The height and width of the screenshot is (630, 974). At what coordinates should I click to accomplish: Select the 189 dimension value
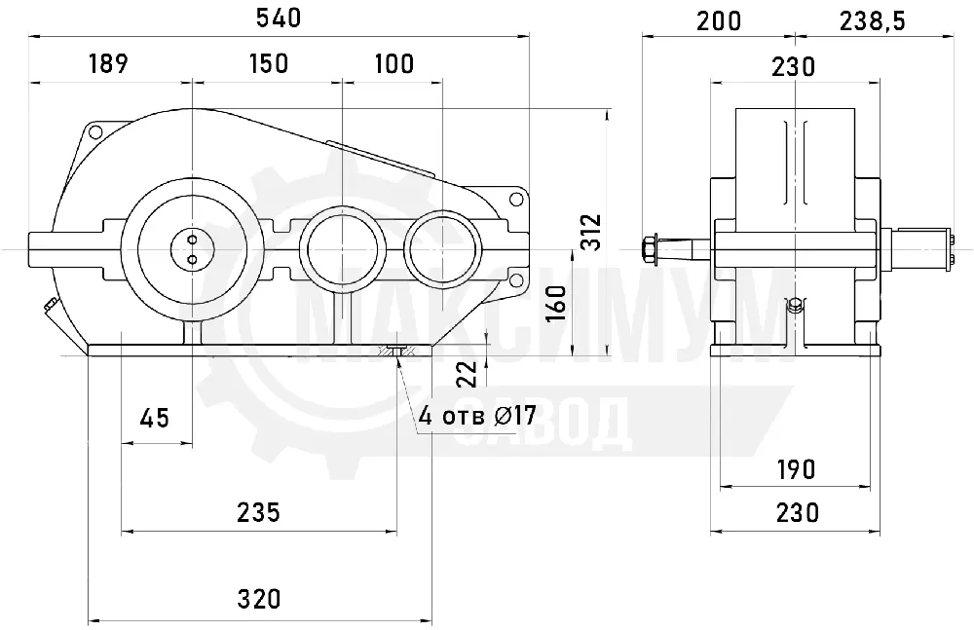[x=109, y=63]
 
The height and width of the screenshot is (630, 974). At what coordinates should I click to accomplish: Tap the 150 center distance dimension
[x=269, y=63]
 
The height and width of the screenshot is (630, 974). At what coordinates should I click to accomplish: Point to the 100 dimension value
[x=394, y=63]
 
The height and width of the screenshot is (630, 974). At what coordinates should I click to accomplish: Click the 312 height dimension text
[x=592, y=232]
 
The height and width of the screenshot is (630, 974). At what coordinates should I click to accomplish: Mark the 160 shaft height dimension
[x=556, y=303]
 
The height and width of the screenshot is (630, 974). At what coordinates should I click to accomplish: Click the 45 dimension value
[x=154, y=418]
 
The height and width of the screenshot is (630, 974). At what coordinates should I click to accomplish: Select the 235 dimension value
[x=258, y=512]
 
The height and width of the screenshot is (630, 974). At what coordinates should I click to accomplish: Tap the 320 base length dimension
[x=259, y=599]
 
